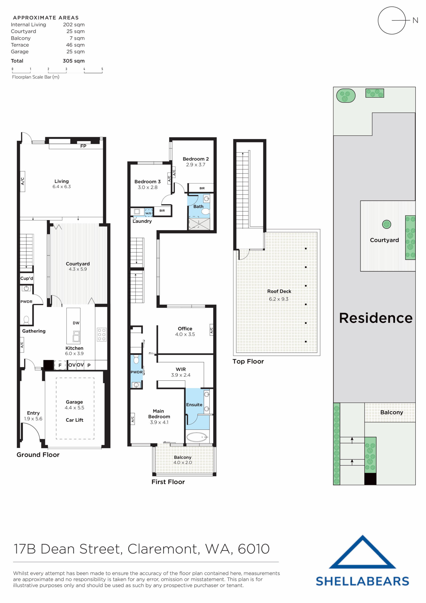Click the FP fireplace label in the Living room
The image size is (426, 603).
click(x=83, y=146)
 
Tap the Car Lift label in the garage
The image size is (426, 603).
click(x=74, y=420)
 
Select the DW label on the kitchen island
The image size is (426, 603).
click(x=76, y=323)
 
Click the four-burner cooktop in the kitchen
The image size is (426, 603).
click(x=102, y=334)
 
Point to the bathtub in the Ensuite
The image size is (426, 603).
click(x=197, y=437)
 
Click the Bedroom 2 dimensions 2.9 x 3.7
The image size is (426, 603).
click(x=196, y=165)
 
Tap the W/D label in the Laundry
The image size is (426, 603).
click(x=148, y=213)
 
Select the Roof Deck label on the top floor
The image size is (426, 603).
click(x=279, y=291)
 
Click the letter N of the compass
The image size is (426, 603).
click(x=415, y=20)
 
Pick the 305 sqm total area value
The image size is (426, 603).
click(x=73, y=61)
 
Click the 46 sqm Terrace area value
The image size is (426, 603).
click(x=75, y=45)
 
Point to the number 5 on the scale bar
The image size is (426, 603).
click(x=102, y=69)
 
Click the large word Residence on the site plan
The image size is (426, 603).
click(x=376, y=318)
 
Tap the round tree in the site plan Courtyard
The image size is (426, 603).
click(x=386, y=224)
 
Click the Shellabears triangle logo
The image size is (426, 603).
click(x=362, y=553)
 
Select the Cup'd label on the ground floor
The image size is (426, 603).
click(x=27, y=278)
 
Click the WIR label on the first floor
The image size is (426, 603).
click(x=181, y=369)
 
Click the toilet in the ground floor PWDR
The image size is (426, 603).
click(x=26, y=320)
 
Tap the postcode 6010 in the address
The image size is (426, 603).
click(x=253, y=549)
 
